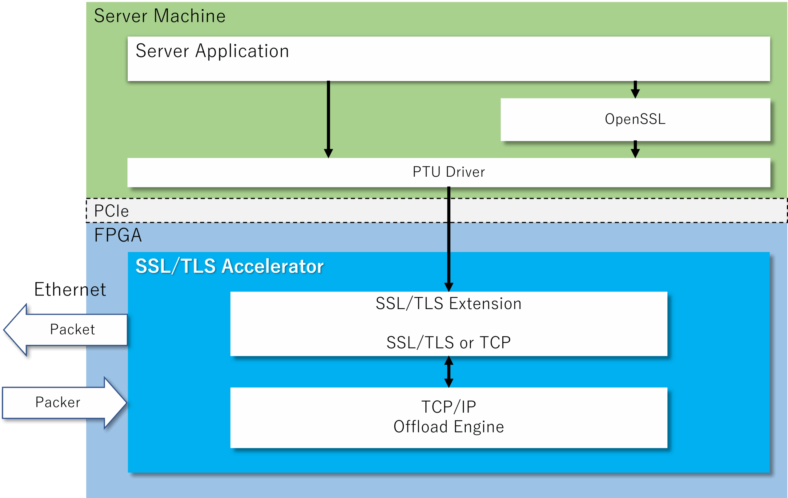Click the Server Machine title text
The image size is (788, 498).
[160, 16]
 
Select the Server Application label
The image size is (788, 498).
[212, 51]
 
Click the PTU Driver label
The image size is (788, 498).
[449, 172]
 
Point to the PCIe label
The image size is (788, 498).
[111, 211]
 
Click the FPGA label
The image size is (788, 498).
[118, 235]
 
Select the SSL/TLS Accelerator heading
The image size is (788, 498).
[229, 266]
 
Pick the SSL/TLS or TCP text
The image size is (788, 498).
[448, 343]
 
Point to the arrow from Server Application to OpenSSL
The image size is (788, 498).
[635, 89]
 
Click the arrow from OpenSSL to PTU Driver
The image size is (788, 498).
[635, 149]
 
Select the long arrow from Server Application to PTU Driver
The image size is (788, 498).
[328, 119]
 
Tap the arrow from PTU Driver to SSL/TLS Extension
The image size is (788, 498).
[449, 239]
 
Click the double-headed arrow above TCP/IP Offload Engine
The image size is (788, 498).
[449, 372]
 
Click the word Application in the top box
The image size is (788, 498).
[242, 51]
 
